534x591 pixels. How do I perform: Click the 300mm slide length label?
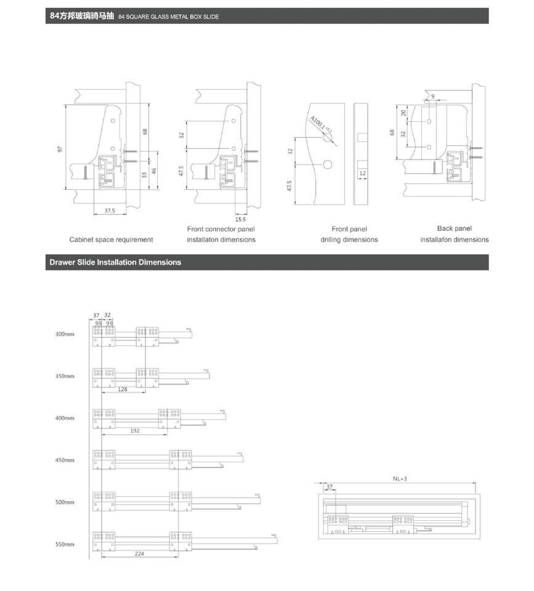65,334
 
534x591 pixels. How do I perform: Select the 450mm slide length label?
65,460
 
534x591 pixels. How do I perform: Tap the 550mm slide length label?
65,544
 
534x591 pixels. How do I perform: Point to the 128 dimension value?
123,389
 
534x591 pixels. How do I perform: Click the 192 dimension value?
135,430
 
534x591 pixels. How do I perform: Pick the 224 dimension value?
139,553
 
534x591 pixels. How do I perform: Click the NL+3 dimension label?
400,479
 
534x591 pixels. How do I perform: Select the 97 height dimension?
60,149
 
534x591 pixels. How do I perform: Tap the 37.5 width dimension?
110,211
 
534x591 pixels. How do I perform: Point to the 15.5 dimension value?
240,219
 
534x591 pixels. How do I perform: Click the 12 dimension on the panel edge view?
362,174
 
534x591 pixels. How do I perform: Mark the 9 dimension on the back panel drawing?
432,96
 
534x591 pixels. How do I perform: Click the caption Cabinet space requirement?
111,239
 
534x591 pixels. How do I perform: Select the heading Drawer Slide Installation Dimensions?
115,262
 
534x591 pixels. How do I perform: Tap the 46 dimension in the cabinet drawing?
153,171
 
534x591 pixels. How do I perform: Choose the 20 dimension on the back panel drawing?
403,113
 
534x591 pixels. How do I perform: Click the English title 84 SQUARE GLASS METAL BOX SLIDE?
169,17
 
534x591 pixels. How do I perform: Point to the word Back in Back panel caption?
444,228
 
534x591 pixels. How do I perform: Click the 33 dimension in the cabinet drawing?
144,175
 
